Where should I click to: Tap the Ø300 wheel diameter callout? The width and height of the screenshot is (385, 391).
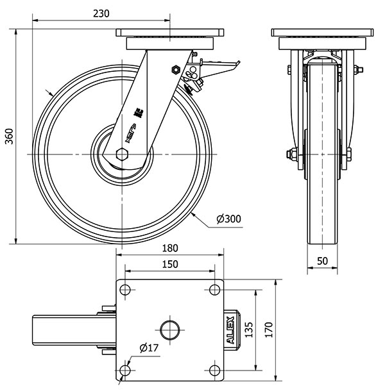(228, 219)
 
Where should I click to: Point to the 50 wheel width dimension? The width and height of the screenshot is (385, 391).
(322, 262)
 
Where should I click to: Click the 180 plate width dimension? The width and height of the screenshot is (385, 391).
(169, 249)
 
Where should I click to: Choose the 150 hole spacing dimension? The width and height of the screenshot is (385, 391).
(169, 264)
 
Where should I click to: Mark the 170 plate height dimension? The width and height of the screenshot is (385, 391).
(269, 329)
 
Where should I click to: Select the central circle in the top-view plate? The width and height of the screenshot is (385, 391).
(169, 329)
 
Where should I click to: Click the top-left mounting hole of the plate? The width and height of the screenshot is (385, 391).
(126, 290)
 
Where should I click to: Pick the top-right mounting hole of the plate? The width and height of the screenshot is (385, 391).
(213, 290)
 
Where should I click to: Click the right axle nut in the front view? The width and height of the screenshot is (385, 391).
(348, 154)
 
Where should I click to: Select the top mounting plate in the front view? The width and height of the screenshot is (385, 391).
(321, 33)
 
